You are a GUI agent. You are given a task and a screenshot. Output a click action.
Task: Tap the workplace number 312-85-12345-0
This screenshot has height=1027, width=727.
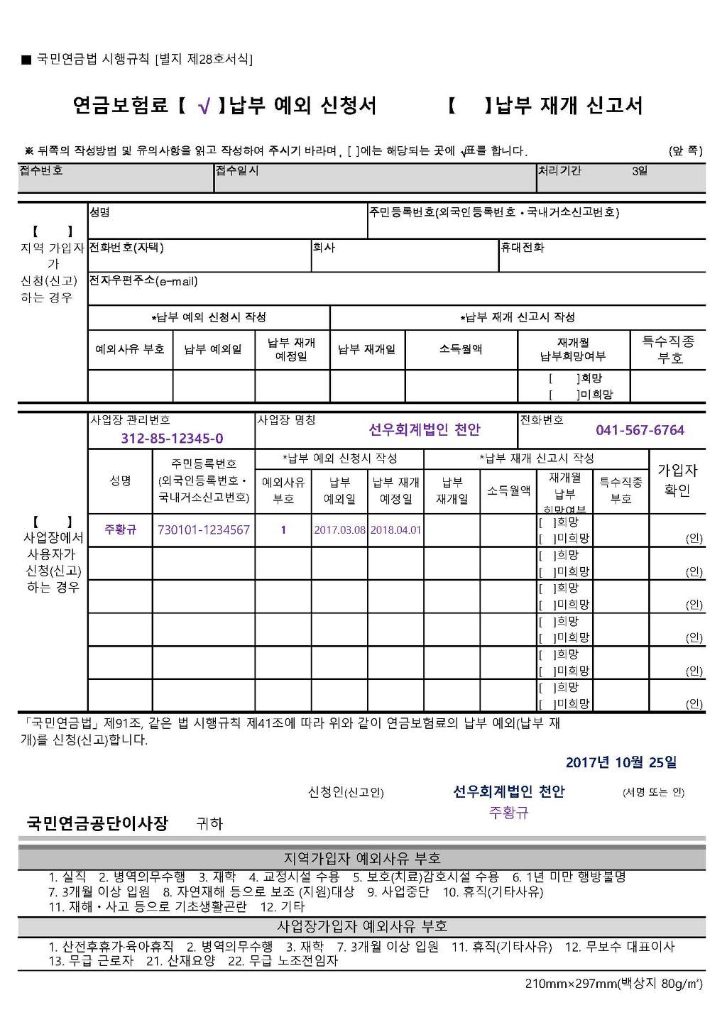[x=172, y=438]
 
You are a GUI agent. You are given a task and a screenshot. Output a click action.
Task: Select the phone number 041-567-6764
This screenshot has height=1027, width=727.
[x=640, y=430]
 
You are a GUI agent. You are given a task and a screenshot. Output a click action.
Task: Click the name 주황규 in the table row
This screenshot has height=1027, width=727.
[x=120, y=529]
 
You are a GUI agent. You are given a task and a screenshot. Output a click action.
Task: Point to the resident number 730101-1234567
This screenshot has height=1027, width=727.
[x=204, y=529]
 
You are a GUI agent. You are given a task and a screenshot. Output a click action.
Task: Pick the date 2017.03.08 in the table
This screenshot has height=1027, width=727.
[x=339, y=530]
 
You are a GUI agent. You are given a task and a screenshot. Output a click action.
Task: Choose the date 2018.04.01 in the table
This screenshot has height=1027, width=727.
[x=395, y=530]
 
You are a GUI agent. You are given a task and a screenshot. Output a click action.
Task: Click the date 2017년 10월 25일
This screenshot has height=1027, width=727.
[x=621, y=762]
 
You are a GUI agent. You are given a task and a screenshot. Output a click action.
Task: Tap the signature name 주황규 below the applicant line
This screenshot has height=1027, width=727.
[x=508, y=813]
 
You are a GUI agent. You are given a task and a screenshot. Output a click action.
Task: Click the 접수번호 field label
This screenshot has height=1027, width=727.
[x=41, y=170]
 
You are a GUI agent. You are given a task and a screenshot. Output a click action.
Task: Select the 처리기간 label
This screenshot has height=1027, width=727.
[x=560, y=170]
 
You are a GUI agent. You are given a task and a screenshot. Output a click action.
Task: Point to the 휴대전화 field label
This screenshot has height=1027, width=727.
[x=523, y=247]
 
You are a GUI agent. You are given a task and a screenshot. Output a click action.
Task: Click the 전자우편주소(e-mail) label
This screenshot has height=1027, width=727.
[x=143, y=281]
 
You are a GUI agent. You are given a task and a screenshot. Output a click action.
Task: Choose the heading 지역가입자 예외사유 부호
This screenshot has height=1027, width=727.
[x=362, y=858]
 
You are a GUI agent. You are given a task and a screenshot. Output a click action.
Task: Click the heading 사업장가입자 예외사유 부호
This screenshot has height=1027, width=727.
[x=362, y=926]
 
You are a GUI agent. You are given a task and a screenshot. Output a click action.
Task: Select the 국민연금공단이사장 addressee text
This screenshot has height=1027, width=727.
[x=97, y=823]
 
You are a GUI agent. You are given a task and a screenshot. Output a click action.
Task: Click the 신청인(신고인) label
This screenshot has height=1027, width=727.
[x=346, y=792]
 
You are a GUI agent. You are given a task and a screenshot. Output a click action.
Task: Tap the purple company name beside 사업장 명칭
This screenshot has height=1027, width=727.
[x=425, y=429]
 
